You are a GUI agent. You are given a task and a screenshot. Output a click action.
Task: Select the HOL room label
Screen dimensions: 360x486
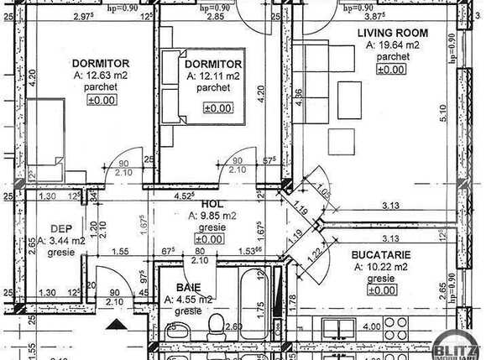click(x=210, y=204)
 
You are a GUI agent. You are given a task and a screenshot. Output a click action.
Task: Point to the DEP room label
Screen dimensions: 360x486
click(x=60, y=228)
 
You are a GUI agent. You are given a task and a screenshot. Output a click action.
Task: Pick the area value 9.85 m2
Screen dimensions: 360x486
click(x=213, y=216)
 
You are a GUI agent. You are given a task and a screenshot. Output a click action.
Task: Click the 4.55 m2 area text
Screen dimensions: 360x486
click(x=190, y=299)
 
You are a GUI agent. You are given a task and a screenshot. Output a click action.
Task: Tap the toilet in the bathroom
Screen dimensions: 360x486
click(x=216, y=323)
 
